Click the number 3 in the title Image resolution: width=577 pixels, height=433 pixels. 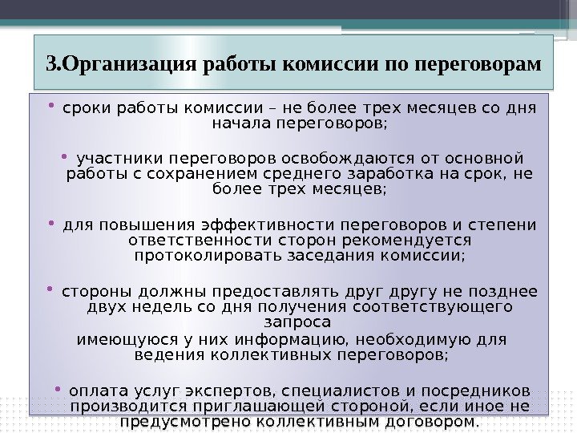[x=51, y=64]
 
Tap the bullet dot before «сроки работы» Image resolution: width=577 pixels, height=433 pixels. [x=51, y=107]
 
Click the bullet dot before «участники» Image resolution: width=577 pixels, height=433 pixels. [x=64, y=157]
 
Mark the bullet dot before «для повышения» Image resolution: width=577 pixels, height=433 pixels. [x=51, y=223]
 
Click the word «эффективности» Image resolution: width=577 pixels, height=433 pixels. [x=268, y=225]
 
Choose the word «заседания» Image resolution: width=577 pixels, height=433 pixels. [x=331, y=256]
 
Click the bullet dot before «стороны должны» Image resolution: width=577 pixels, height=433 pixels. [x=50, y=289]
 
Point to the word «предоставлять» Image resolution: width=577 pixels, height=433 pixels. [x=275, y=292]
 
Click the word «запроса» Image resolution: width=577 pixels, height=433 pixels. [x=297, y=322]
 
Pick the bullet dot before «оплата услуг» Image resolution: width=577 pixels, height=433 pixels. [x=58, y=389]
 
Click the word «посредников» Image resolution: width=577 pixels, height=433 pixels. [x=476, y=391]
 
